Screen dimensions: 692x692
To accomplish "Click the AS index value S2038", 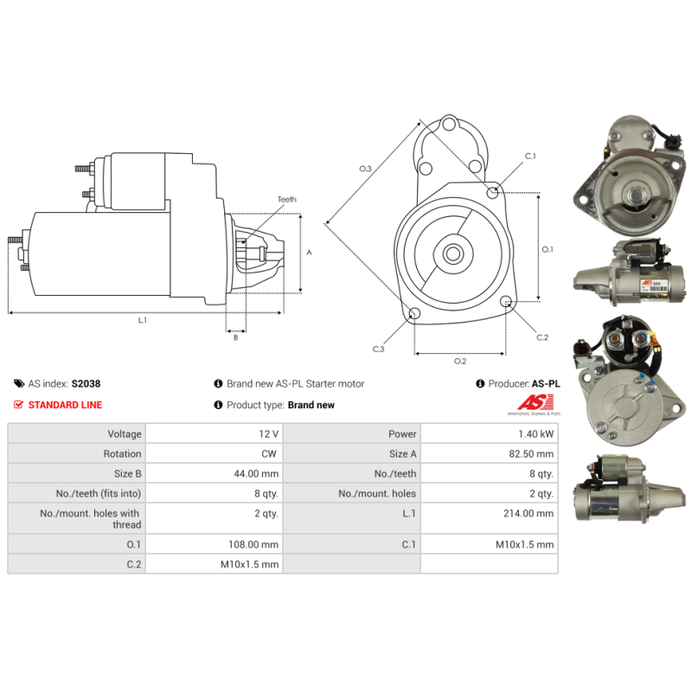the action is coord(86,383).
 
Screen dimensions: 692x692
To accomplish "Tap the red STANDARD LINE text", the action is coord(65,405).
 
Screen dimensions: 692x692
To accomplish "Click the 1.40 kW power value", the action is coord(535,434).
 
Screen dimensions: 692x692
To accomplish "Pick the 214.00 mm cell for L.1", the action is coord(529,513).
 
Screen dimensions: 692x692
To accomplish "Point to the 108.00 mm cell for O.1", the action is coord(253,545).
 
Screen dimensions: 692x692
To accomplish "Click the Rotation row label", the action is coord(122,453).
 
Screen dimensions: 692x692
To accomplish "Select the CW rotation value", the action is coord(269,453).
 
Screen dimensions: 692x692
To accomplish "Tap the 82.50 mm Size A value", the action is coord(531,453).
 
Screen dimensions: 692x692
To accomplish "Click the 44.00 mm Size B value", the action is coord(256,473).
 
